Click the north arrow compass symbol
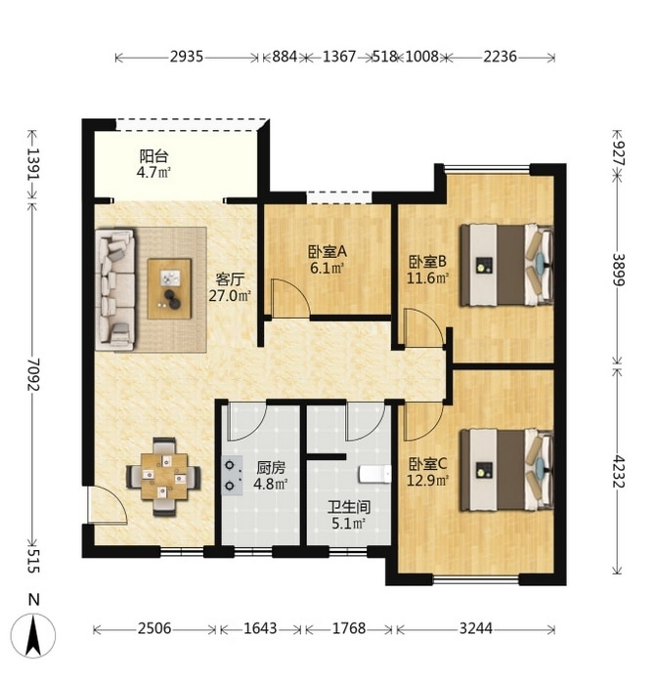pyautogui.click(x=33, y=634)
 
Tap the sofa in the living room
pyautogui.click(x=115, y=289)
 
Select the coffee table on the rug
pyautogui.click(x=169, y=289)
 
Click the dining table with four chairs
pyautogui.click(x=164, y=477)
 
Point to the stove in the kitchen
pyautogui.click(x=233, y=476)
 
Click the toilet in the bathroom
pyautogui.click(x=375, y=474)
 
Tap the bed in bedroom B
pyautogui.click(x=506, y=265)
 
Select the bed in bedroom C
pyautogui.click(x=506, y=470)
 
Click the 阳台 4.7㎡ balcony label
pyautogui.click(x=154, y=164)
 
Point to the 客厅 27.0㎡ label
pyautogui.click(x=230, y=287)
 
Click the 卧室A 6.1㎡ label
pyautogui.click(x=328, y=260)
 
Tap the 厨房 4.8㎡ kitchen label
pyautogui.click(x=270, y=476)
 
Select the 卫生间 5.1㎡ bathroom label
pyautogui.click(x=349, y=516)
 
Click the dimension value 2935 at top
pyautogui.click(x=187, y=57)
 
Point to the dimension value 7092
pyautogui.click(x=33, y=374)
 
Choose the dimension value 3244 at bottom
pyautogui.click(x=476, y=628)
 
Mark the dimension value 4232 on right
pyautogui.click(x=618, y=470)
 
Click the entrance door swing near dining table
pyautogui.click(x=108, y=505)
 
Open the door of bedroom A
pyautogui.click(x=290, y=298)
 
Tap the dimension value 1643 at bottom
pyautogui.click(x=260, y=628)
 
